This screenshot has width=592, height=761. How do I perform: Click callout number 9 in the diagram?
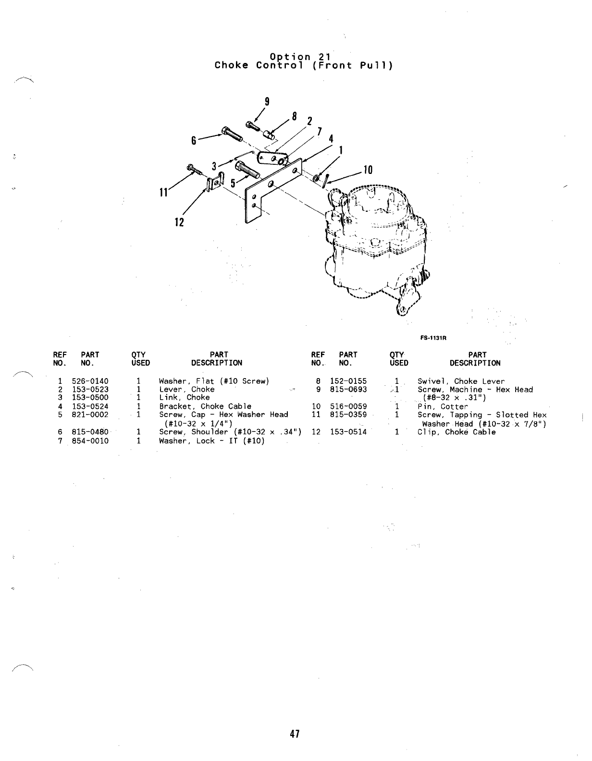click(267, 102)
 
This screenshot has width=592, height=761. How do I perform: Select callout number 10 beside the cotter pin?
click(368, 170)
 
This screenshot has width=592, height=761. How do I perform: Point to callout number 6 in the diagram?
click(194, 141)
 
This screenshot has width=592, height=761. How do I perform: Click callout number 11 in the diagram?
click(164, 193)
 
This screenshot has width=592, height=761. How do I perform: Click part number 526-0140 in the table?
click(90, 381)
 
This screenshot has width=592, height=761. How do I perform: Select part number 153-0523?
click(90, 390)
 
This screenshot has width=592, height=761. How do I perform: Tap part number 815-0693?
click(348, 390)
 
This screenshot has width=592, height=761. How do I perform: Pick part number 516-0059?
click(348, 406)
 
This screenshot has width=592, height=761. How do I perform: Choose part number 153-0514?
click(348, 432)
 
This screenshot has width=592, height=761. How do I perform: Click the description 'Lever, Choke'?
click(186, 390)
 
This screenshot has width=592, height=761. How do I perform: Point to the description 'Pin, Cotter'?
click(442, 406)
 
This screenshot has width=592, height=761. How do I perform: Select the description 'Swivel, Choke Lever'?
click(461, 381)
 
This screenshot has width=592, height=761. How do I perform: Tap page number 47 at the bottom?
click(295, 734)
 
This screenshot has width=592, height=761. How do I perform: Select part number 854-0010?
click(90, 441)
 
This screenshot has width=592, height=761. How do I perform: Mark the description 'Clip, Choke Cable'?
click(456, 432)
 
